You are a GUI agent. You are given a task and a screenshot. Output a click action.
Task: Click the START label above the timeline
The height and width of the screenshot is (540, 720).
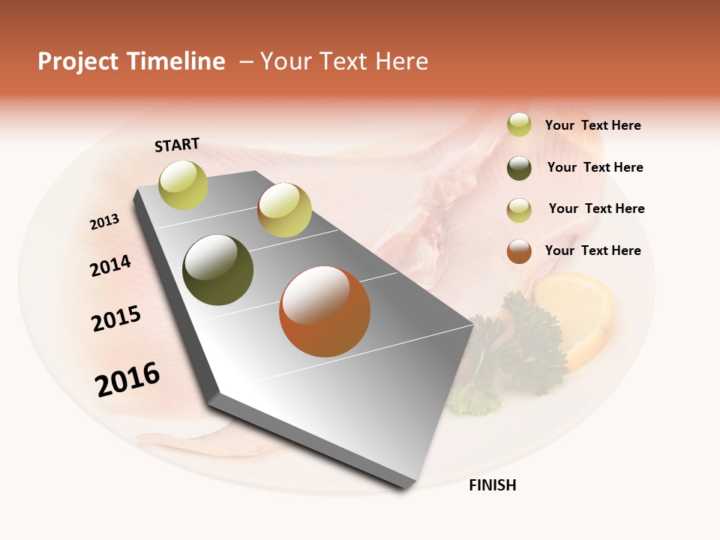tap(177, 145)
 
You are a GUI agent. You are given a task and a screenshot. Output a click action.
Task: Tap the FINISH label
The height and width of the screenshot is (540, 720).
tap(492, 485)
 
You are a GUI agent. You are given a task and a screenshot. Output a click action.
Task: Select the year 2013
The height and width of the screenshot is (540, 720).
tap(104, 221)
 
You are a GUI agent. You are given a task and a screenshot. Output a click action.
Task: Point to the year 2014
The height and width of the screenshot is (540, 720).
tap(110, 265)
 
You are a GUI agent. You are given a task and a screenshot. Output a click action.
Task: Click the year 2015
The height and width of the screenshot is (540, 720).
tap(116, 319)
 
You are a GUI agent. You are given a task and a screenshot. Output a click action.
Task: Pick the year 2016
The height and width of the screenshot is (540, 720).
tap(127, 379)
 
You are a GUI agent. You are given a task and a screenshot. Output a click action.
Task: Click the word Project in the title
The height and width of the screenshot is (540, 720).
tap(79, 61)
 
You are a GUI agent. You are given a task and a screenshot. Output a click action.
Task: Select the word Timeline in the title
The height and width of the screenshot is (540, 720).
tap(176, 61)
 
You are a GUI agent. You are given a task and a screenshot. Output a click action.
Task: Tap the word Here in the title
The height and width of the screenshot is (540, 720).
tap(401, 61)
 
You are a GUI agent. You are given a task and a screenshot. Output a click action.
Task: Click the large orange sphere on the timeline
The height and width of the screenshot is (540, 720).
tap(325, 311)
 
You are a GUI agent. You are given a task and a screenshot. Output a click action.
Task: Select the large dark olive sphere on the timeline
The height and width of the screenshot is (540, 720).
tap(218, 270)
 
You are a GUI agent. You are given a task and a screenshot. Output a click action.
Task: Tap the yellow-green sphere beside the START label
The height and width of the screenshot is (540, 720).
tap(184, 185)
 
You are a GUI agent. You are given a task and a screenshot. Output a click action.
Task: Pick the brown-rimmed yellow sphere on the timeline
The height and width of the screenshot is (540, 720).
tap(284, 210)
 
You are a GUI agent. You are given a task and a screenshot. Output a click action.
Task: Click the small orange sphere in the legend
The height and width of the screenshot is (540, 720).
tap(519, 251)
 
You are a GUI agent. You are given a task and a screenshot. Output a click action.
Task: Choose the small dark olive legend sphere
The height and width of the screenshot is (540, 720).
tap(519, 168)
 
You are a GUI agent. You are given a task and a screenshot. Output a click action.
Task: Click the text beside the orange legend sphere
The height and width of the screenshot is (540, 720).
tap(592, 250)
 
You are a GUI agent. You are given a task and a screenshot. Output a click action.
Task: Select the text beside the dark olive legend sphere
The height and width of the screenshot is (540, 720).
tap(595, 167)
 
